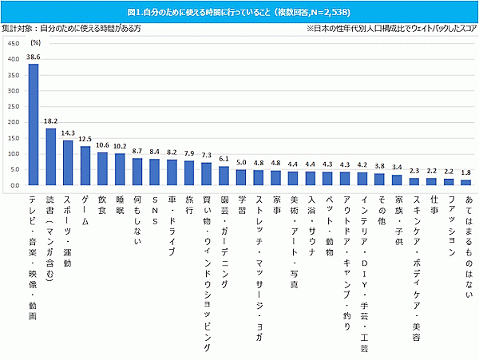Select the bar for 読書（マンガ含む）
point(50,156)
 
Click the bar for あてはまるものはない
point(466,182)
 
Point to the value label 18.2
point(50,122)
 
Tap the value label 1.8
point(466,172)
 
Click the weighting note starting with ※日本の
point(390,28)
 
